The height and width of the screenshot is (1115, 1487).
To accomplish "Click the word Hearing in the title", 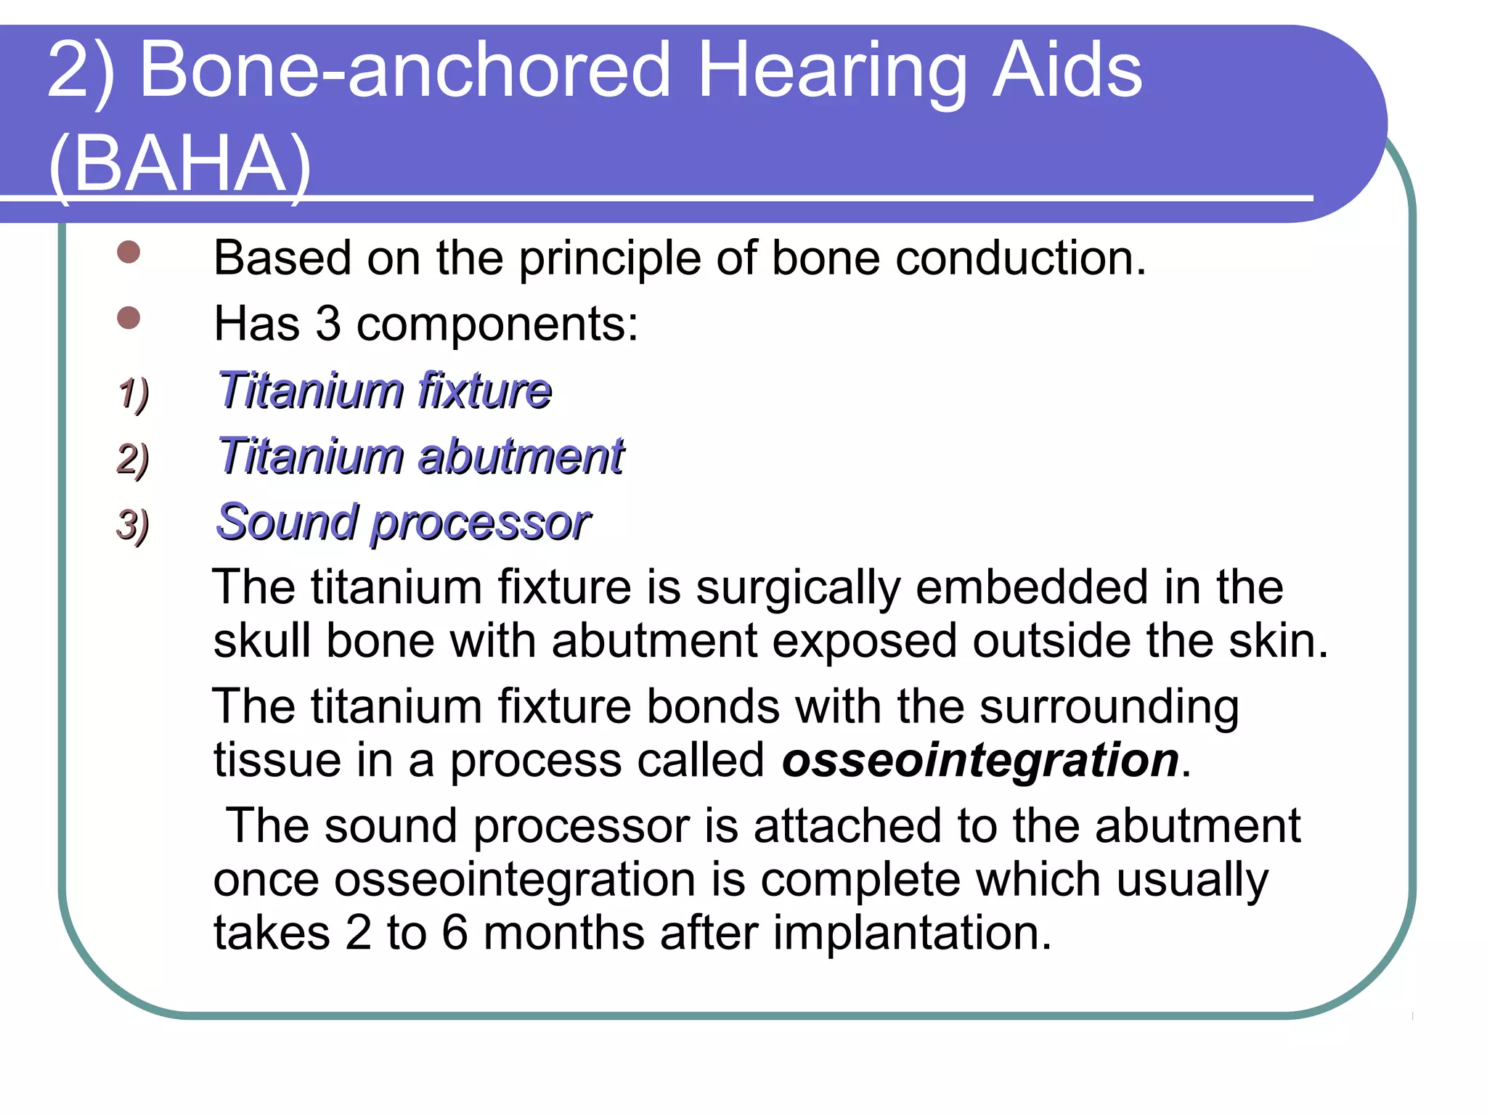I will pyautogui.click(x=831, y=71).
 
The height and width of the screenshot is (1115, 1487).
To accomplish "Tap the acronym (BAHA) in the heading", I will pyautogui.click(x=180, y=164).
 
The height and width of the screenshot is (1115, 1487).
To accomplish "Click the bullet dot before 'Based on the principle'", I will pyautogui.click(x=129, y=252).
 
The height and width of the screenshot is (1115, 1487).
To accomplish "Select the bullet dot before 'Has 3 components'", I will pyautogui.click(x=129, y=318).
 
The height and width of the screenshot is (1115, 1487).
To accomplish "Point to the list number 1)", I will pyautogui.click(x=133, y=393).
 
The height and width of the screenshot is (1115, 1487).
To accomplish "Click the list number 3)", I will pyautogui.click(x=133, y=525).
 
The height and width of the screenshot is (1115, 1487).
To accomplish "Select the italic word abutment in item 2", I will pyautogui.click(x=521, y=457).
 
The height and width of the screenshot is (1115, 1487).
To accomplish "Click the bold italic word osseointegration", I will pyautogui.click(x=980, y=760).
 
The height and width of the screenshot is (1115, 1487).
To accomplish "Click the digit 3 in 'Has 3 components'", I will pyautogui.click(x=328, y=324).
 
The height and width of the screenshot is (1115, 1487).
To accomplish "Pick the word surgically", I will pyautogui.click(x=797, y=587).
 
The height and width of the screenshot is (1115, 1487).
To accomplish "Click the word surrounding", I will pyautogui.click(x=1109, y=707).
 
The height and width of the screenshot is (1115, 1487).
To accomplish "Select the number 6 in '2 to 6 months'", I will pyautogui.click(x=455, y=933).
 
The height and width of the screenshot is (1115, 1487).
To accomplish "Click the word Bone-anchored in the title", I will pyautogui.click(x=404, y=71).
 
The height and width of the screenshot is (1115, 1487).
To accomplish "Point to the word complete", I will pyautogui.click(x=860, y=880).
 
